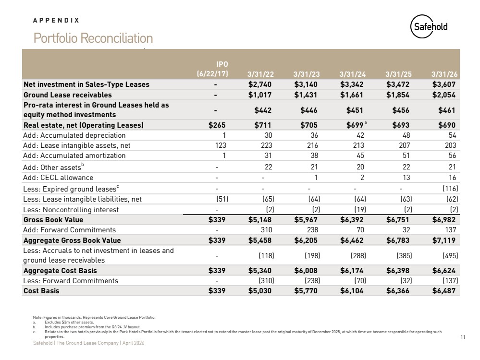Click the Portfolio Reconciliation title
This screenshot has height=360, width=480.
tap(93, 38)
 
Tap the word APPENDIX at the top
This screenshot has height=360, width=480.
tap(56, 20)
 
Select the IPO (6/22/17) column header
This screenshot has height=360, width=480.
tap(212, 69)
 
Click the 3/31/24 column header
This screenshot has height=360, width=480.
tap(352, 74)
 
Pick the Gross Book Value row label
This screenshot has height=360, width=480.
tap(53, 220)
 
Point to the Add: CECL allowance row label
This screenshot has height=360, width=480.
tap(58, 178)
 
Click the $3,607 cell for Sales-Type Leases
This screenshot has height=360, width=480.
tap(444, 84)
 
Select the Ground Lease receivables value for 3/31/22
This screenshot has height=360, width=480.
tap(259, 95)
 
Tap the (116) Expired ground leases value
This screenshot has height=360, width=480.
tap(450, 189)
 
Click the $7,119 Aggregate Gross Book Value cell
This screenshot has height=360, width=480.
tap(444, 240)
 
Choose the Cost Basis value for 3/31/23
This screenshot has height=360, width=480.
tap(306, 290)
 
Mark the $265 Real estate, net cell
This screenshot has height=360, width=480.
tap(217, 125)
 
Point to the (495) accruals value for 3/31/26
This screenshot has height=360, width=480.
tap(450, 255)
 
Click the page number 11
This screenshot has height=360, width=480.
tap(463, 337)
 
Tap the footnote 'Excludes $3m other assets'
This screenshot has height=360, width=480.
tap(69, 322)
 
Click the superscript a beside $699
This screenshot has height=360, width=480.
tap(366, 123)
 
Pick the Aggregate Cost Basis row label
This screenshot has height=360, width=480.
tap(60, 270)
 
